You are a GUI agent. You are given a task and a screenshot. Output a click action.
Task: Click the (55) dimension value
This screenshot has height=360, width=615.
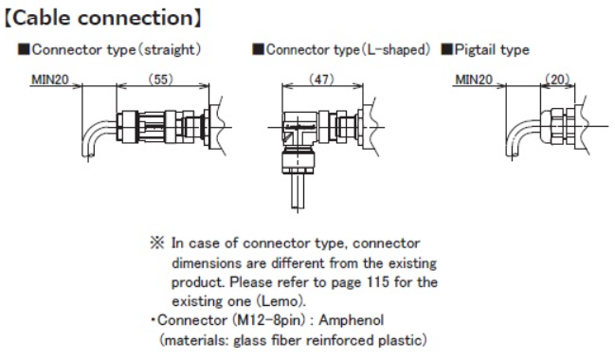click(161, 80)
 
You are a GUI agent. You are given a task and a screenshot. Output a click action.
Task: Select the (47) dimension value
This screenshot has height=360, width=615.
click(322, 80)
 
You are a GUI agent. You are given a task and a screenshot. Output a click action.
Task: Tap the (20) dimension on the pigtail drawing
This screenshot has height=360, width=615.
click(557, 80)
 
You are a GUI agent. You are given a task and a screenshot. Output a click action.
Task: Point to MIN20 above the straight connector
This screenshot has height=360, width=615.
click(50, 80)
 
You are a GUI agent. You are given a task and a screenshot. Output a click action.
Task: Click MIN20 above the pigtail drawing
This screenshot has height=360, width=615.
click(474, 80)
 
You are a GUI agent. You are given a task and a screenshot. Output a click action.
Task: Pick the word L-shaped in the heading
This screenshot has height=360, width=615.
click(395, 50)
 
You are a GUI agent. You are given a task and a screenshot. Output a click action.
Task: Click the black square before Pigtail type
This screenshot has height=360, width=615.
click(447, 49)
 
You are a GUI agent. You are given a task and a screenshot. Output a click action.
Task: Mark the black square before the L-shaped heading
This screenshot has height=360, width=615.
click(258, 49)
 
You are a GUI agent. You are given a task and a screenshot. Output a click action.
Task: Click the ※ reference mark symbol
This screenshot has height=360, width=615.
click(157, 243)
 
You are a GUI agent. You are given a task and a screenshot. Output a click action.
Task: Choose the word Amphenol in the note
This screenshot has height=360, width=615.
click(351, 320)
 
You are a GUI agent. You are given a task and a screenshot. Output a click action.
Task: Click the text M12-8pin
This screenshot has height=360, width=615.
click(269, 320)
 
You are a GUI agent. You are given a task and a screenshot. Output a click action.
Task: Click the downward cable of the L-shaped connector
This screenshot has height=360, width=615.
click(298, 191)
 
